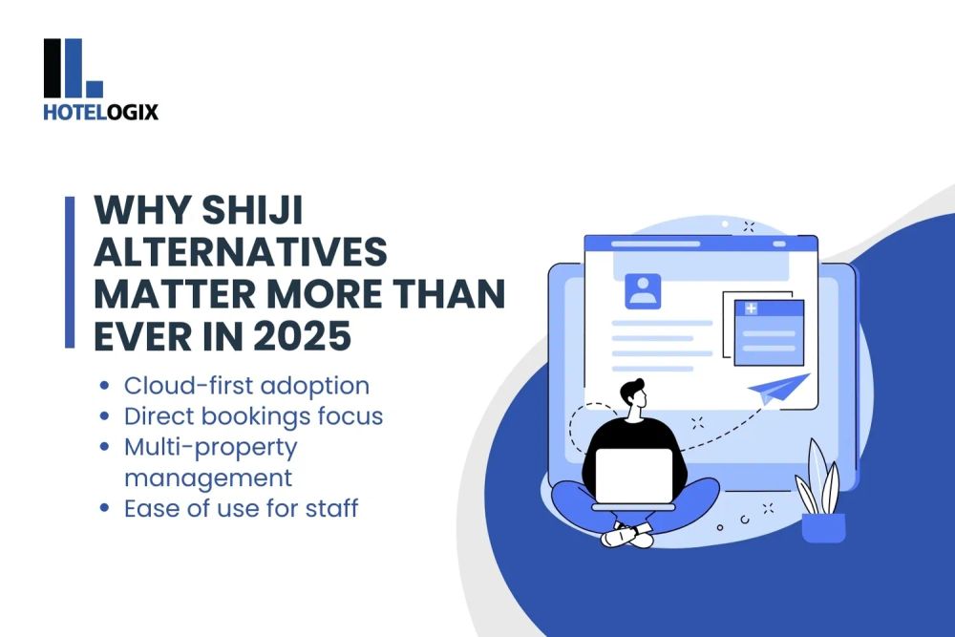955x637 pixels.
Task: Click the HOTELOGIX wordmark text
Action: [100, 112]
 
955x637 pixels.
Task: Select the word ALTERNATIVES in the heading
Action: [240, 253]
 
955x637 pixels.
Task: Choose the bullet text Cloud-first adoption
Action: [246, 386]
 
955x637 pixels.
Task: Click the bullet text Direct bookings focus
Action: [253, 416]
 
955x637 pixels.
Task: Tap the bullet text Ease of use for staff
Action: [241, 507]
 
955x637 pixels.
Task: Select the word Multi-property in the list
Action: [211, 446]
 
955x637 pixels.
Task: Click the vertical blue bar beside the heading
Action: [69, 272]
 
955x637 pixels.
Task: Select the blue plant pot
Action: [823, 526]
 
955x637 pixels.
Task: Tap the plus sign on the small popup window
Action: [751, 308]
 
